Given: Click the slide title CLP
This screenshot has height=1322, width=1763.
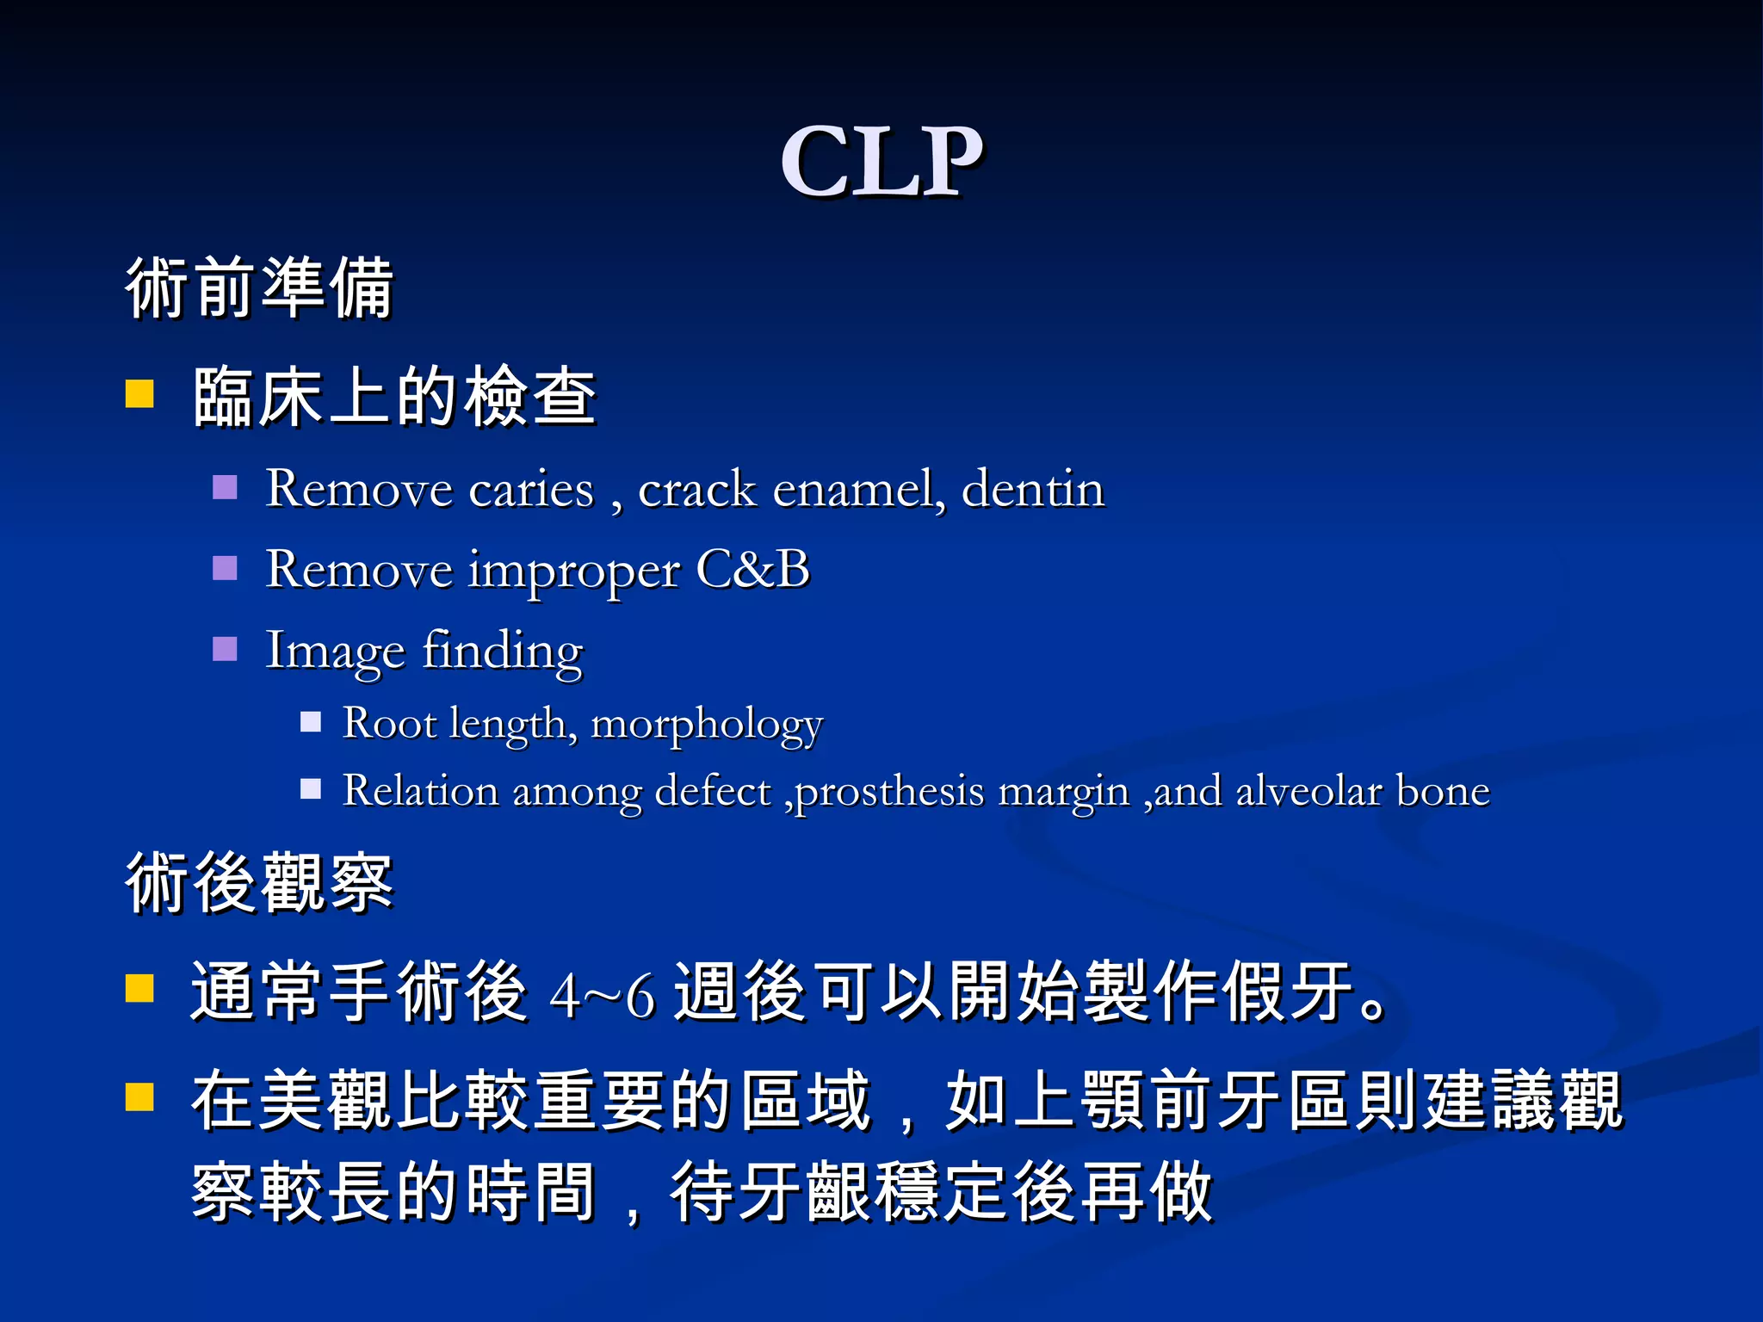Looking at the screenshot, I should coord(881,161).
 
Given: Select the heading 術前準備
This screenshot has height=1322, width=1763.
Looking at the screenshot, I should coord(259,287).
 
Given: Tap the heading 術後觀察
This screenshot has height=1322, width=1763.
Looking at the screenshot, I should coord(259,881).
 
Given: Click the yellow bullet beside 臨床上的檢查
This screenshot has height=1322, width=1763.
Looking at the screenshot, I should coord(139,394).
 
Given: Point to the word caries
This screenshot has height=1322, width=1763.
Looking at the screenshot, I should coord(531,490).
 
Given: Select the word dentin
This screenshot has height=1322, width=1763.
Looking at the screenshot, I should coord(1032,490).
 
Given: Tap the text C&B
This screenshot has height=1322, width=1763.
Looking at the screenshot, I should coord(752,570).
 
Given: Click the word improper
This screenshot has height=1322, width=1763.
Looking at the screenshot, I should coord(574,571).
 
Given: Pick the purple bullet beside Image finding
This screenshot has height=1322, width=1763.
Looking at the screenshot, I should coord(225,648).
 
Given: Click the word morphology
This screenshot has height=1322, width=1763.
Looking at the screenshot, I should coord(707,725).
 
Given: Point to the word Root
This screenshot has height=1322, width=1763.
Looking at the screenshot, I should coord(389,723).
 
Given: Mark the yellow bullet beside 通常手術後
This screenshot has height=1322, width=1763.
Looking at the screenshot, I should coord(139,988).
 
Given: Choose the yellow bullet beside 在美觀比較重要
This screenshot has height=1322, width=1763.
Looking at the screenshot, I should coord(139,1097).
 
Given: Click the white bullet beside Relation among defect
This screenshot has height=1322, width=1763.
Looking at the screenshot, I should coord(311,788).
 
